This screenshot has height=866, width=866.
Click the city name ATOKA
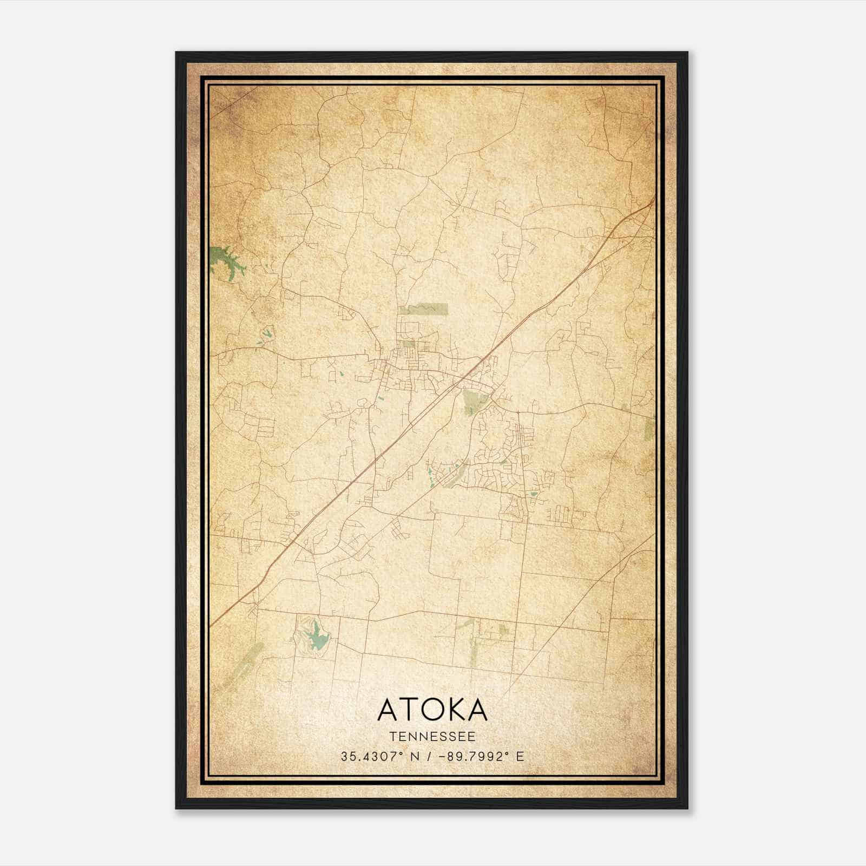click(x=432, y=710)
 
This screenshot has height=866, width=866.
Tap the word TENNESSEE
click(x=432, y=737)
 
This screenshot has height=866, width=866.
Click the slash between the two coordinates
click(x=428, y=757)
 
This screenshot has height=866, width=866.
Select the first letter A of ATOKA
click(x=386, y=710)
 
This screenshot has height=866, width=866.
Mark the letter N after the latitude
click(x=415, y=757)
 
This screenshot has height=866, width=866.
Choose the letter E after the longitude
click(x=520, y=757)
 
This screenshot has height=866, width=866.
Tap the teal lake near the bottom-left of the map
click(x=317, y=638)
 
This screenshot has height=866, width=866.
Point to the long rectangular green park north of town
click(x=424, y=309)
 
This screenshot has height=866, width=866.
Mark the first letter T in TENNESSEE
click(x=391, y=737)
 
